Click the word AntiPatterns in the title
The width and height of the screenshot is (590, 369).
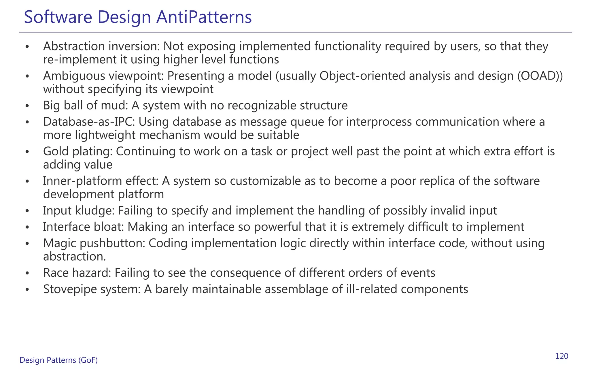204,17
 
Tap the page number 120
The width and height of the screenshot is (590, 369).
561,356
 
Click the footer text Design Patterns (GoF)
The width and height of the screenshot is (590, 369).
58,360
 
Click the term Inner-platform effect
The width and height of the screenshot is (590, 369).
101,181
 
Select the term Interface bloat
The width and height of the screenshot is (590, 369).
83,227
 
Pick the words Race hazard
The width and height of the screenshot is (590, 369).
77,273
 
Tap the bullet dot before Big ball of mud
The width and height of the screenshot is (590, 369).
27,106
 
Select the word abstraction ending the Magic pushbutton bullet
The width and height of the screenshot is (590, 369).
74,257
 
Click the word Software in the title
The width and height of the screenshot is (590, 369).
58,17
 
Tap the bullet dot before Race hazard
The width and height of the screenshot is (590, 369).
27,273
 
